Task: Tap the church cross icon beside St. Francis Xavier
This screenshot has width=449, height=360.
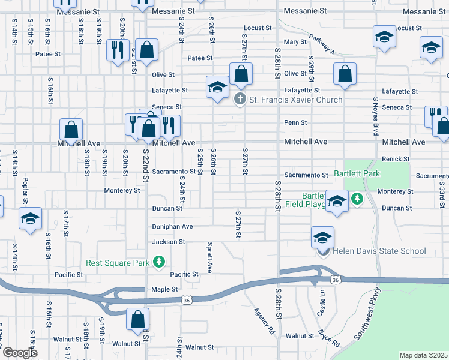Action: [x=240, y=99]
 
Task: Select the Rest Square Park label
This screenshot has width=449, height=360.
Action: [x=117, y=262]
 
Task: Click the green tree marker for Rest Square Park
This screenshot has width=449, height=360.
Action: [x=159, y=262]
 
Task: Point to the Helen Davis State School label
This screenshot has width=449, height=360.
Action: [x=379, y=251]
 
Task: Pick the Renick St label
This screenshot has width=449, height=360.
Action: [x=395, y=159]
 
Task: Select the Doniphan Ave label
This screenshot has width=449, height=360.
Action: [x=172, y=226]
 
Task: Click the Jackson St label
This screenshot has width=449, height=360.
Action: [x=168, y=242]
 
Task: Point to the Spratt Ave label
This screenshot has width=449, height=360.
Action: [x=209, y=256]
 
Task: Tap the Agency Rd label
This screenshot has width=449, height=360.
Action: [x=264, y=322]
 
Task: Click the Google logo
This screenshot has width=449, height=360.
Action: [x=20, y=353]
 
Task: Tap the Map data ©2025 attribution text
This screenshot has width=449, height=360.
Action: [x=423, y=355]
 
